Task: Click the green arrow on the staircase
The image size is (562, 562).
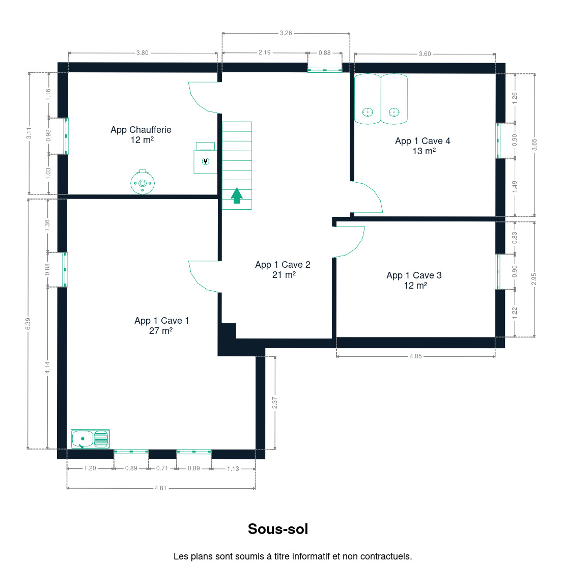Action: coord(237,195)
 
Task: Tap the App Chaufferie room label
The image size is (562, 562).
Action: coord(141,135)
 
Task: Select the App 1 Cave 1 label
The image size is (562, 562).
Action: coord(161,325)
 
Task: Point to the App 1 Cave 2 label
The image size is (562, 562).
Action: coord(283,269)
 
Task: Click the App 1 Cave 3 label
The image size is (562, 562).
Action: coord(414,280)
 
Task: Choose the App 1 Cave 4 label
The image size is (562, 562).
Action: coord(423,146)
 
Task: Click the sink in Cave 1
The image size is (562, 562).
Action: coord(90,439)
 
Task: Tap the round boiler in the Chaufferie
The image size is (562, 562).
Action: coord(143,182)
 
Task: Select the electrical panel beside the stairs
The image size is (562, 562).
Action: coord(205,158)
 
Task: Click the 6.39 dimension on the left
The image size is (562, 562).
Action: coord(28,324)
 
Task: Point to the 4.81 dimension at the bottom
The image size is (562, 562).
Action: coord(160,488)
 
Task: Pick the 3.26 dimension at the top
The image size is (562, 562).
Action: coord(286,33)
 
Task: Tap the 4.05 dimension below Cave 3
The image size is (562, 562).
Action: coord(416,356)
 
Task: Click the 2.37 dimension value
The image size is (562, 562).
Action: coord(275,403)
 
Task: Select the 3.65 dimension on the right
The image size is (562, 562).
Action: coord(535,145)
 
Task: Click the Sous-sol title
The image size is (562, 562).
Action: coord(278,529)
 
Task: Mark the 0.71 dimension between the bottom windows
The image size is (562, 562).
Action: coord(162,468)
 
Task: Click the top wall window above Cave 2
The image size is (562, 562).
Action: coord(325,70)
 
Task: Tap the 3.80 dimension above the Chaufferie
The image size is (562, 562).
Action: coord(143,53)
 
